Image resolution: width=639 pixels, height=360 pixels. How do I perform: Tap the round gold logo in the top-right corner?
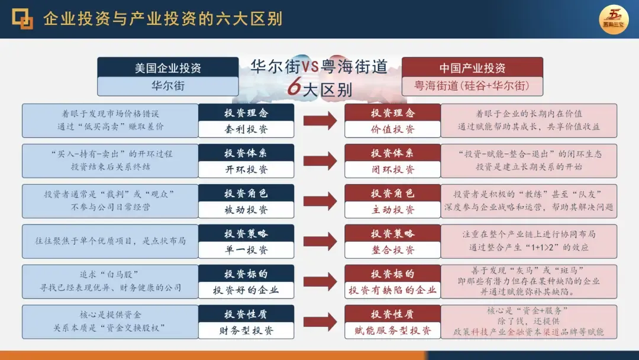(614, 19)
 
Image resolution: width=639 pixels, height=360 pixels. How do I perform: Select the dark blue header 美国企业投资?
(168, 67)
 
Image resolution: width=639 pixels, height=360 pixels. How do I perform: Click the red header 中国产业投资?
(472, 67)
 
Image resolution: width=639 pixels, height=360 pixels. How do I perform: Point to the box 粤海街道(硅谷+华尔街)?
(472, 86)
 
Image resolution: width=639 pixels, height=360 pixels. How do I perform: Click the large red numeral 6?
(294, 88)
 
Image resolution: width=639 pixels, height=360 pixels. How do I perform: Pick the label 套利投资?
(246, 129)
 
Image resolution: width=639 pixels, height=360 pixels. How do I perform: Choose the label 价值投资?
(393, 129)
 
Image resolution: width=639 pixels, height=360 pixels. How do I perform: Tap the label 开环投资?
(246, 169)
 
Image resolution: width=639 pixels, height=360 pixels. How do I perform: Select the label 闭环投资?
(393, 169)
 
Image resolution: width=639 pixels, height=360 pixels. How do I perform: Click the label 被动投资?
(246, 210)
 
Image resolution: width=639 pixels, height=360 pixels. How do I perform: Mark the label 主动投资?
(393, 210)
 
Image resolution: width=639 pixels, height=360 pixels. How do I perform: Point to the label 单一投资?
(246, 250)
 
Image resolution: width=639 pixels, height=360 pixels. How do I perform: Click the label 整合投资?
(393, 250)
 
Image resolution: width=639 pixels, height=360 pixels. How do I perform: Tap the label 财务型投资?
(246, 330)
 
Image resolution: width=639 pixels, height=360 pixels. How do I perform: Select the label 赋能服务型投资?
(393, 330)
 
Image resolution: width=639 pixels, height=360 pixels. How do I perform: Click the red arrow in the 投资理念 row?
(320, 121)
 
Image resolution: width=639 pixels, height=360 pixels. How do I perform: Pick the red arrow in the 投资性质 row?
(320, 322)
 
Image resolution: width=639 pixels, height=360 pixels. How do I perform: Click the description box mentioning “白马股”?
(110, 281)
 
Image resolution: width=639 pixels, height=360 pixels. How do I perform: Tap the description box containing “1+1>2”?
(529, 241)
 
